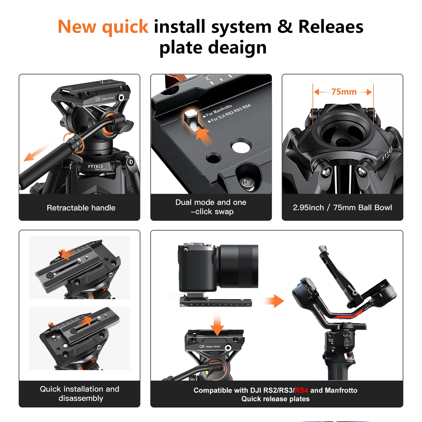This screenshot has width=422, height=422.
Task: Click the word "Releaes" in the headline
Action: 331,27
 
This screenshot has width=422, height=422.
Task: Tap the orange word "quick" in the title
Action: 125,28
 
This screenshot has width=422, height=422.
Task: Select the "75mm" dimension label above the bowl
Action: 344,92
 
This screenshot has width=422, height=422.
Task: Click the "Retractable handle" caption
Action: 81,208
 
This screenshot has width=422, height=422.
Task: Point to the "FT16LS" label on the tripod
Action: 96,166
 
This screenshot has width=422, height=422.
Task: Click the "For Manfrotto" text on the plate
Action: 219,110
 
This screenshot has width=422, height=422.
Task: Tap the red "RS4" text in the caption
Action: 301,390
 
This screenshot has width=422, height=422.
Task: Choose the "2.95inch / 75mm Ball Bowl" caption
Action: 342,207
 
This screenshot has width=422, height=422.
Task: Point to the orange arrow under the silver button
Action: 204,136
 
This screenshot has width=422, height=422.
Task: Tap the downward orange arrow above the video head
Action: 217,325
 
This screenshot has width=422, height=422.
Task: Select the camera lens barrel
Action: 239,266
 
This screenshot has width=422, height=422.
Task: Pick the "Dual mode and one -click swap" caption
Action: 211,207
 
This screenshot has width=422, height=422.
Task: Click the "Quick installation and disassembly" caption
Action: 80,394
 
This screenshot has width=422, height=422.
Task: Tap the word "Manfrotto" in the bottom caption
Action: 341,390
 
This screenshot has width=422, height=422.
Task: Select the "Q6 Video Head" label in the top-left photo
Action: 105,99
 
